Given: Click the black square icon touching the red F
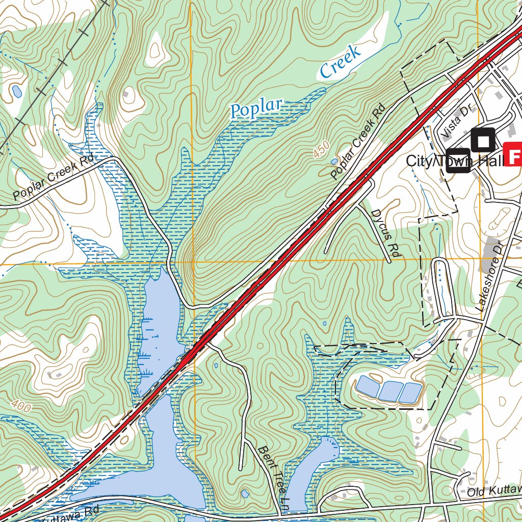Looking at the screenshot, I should (483, 140).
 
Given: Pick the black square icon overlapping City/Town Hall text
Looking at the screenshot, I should (458, 161).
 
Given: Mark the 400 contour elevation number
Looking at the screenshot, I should (21, 406).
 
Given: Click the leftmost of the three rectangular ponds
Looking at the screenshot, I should (368, 387).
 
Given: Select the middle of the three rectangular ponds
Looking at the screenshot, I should (390, 391).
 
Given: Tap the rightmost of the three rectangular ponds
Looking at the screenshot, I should (410, 393).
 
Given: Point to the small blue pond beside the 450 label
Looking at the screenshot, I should (334, 161).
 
